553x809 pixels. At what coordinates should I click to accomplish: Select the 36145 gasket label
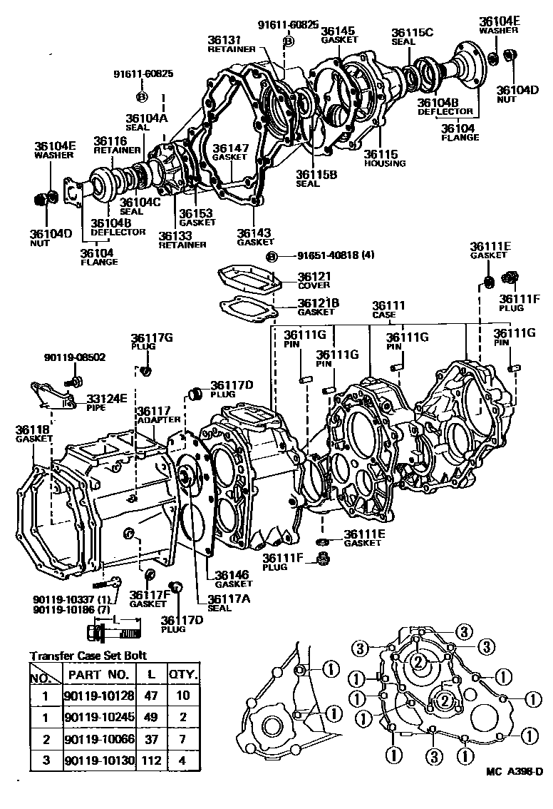337,35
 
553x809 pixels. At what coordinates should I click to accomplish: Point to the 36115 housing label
384,158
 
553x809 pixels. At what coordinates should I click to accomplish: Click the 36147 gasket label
229,152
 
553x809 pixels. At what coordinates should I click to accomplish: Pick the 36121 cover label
314,280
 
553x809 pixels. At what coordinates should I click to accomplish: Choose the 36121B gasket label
317,307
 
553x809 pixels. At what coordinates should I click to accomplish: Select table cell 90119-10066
97,741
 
